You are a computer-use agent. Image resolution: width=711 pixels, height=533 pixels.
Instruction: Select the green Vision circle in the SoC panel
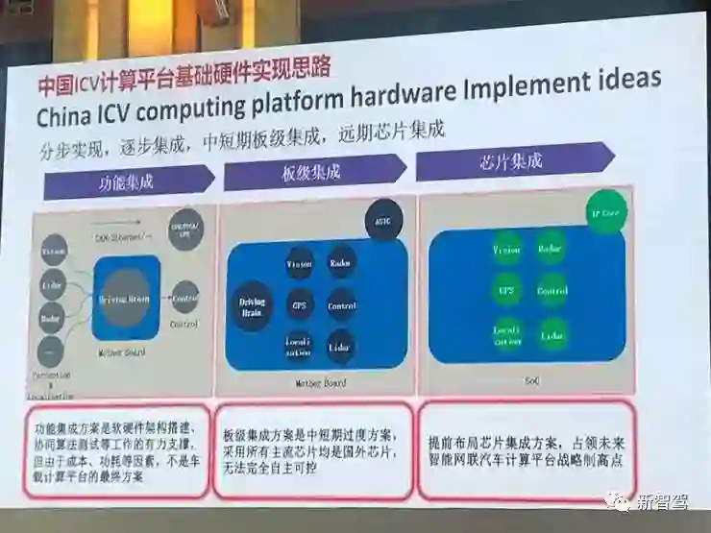[x=506, y=250]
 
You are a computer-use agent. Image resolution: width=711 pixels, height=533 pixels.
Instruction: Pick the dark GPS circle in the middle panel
[x=299, y=305]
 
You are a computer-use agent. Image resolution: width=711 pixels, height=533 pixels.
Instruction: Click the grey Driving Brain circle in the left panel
[x=125, y=300]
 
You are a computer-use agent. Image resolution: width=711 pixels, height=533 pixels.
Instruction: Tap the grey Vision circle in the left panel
[x=53, y=252]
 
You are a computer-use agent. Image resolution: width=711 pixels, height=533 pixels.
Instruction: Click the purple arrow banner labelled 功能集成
[x=130, y=181]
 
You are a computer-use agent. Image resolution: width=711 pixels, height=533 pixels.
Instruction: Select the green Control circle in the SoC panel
[x=552, y=289]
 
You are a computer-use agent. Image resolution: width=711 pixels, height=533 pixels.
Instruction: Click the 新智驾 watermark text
[x=663, y=501]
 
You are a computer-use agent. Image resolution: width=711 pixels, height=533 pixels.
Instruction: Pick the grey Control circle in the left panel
[x=184, y=296]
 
